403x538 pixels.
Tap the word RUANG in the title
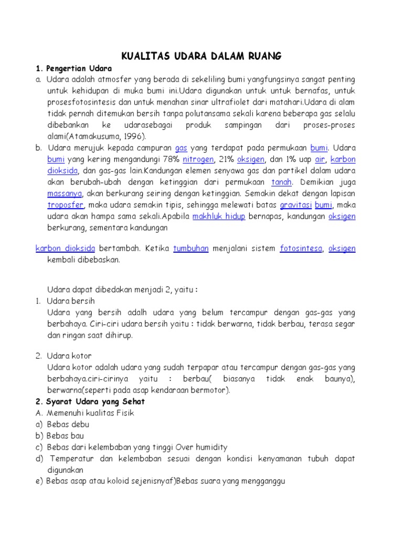coord(265,56)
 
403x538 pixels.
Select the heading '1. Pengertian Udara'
coord(73,68)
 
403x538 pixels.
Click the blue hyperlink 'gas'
coord(181,148)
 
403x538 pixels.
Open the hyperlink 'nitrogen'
coord(198,159)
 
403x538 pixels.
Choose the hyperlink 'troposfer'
coord(66,205)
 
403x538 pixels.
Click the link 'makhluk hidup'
coord(219,217)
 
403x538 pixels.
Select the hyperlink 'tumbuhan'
coord(190,249)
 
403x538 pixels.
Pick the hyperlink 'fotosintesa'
coord(301,249)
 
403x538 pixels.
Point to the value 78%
coord(171,159)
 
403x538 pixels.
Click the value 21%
coord(226,159)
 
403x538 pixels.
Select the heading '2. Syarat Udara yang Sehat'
coord(90,401)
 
